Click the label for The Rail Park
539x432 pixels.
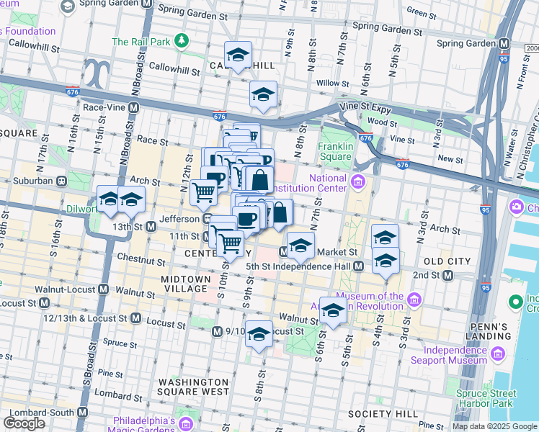141,42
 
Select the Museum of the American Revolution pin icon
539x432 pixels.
414,299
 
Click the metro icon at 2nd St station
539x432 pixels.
447,275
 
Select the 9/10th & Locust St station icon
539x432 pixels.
218,331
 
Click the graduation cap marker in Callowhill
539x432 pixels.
237,55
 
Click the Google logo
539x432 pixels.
24,423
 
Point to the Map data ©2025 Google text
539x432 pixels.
494,426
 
